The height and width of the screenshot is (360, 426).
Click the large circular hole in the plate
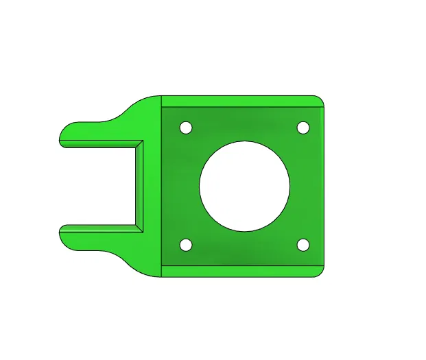point(244,186)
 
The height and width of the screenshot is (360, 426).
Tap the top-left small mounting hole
point(185,128)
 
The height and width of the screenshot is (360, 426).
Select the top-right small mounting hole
point(303,128)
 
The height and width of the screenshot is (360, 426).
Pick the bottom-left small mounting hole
point(185,245)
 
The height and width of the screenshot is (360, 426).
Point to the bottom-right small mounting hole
point(303,245)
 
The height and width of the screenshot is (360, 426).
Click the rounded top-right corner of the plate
point(318,100)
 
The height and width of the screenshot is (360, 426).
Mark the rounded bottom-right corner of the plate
point(318,272)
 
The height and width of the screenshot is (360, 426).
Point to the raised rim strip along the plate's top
point(240,101)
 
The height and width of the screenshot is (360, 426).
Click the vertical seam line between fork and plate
point(161,186)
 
